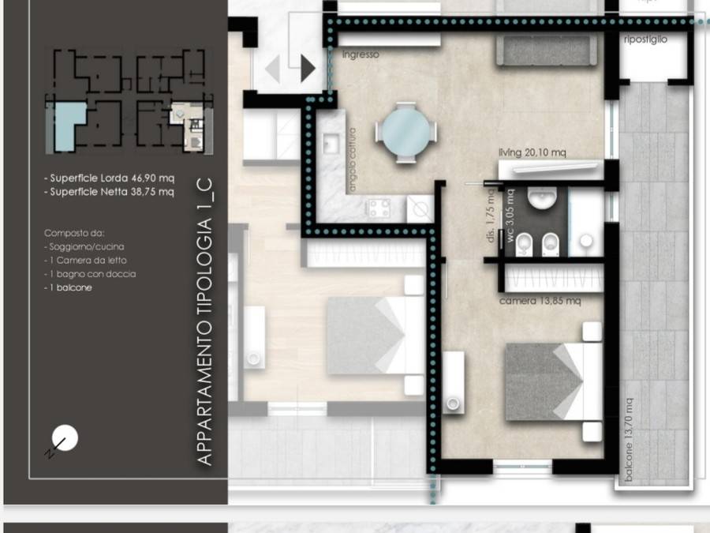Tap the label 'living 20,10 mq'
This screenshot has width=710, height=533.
pos(532,152)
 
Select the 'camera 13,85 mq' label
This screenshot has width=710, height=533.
pos(540,302)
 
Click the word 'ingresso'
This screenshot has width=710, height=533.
pos(361,54)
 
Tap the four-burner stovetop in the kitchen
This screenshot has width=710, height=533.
pos(378,208)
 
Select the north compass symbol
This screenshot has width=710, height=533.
pos(64,439)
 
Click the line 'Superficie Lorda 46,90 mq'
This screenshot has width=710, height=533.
pos(110,178)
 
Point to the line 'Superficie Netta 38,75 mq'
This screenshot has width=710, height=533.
pos(110,192)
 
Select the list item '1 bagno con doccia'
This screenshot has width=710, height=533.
pos(90,274)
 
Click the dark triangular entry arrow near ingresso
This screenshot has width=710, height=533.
pos(307,69)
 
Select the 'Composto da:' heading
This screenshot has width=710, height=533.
pos(74,234)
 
